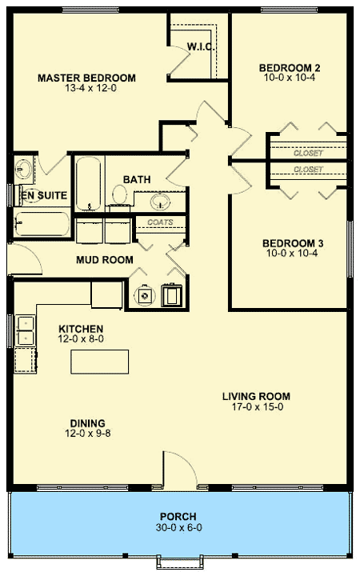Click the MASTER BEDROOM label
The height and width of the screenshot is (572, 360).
(x=86, y=78)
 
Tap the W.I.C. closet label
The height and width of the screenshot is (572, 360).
(x=198, y=46)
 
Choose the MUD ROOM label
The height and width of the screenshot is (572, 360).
(x=104, y=260)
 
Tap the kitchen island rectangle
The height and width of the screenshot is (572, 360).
(x=101, y=362)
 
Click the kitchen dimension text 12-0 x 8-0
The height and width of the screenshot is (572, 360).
(x=81, y=340)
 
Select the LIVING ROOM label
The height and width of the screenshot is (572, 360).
(x=256, y=396)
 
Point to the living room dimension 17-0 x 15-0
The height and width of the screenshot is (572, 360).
(x=256, y=407)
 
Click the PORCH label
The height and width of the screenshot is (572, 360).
(x=178, y=516)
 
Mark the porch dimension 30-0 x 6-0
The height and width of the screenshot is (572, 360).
(x=178, y=528)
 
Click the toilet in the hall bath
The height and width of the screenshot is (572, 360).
(x=119, y=194)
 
